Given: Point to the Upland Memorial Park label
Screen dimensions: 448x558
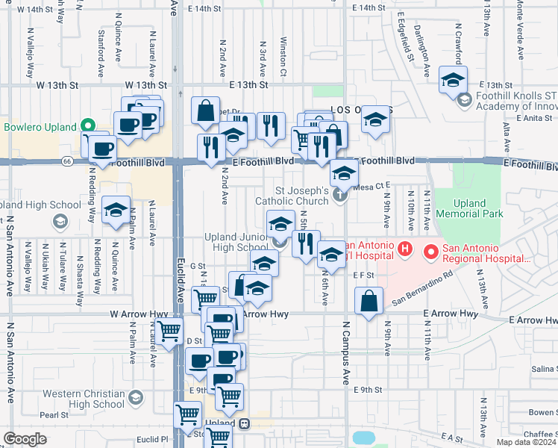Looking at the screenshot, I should (x=469, y=208).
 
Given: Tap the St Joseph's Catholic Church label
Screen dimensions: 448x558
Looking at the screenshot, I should (x=291, y=196).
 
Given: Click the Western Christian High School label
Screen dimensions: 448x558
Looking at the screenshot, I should (x=83, y=399).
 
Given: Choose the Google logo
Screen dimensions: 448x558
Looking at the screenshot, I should (x=25, y=439).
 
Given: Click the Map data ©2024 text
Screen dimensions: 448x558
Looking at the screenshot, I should (x=525, y=442).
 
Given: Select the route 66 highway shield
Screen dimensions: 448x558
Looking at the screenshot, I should (x=67, y=161).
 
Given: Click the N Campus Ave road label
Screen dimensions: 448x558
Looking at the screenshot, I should (x=346, y=351).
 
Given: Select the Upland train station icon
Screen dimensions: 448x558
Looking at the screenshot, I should (x=244, y=423).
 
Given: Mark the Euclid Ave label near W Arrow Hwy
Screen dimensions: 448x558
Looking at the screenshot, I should (x=180, y=284).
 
